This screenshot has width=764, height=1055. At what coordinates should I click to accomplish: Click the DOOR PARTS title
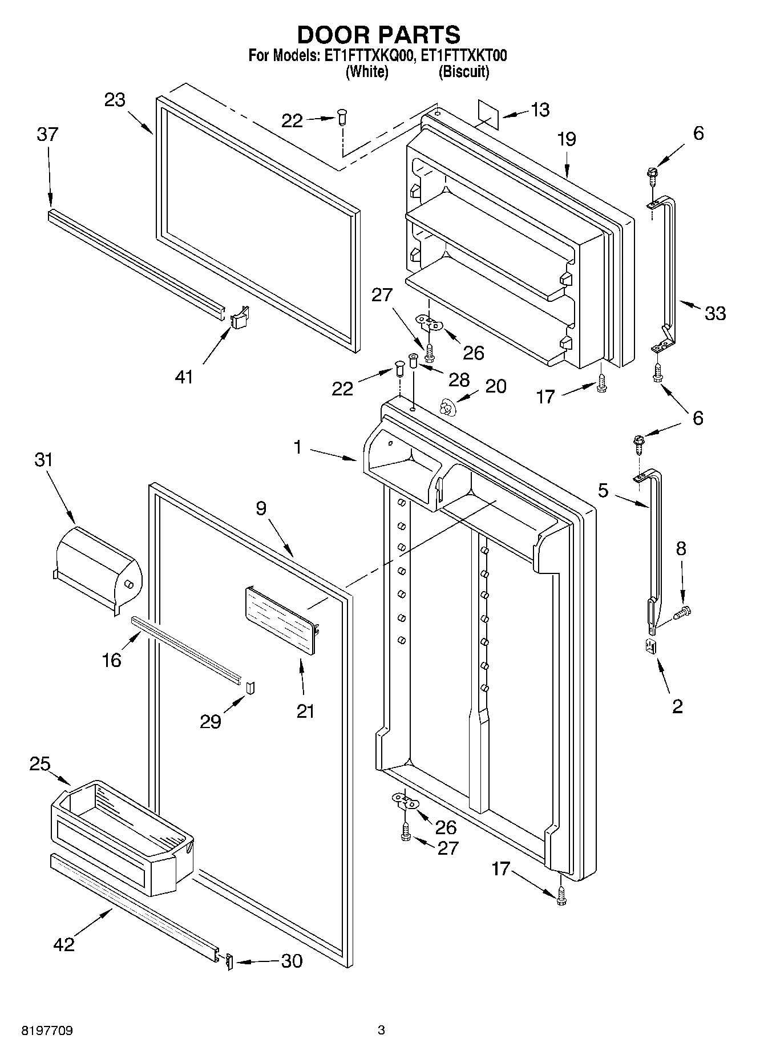pyautogui.click(x=379, y=35)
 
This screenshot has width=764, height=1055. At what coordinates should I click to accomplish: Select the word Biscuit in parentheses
pyautogui.click(x=464, y=72)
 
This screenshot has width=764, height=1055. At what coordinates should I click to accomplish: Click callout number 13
pyautogui.click(x=539, y=110)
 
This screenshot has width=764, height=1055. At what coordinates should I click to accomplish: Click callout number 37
pyautogui.click(x=47, y=135)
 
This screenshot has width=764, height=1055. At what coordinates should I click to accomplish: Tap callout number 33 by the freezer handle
pyautogui.click(x=715, y=313)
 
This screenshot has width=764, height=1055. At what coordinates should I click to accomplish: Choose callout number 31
pyautogui.click(x=43, y=460)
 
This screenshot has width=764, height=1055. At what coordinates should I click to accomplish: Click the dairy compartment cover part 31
pyautogui.click(x=97, y=568)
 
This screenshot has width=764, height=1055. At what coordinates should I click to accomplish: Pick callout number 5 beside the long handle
pyautogui.click(x=603, y=491)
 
